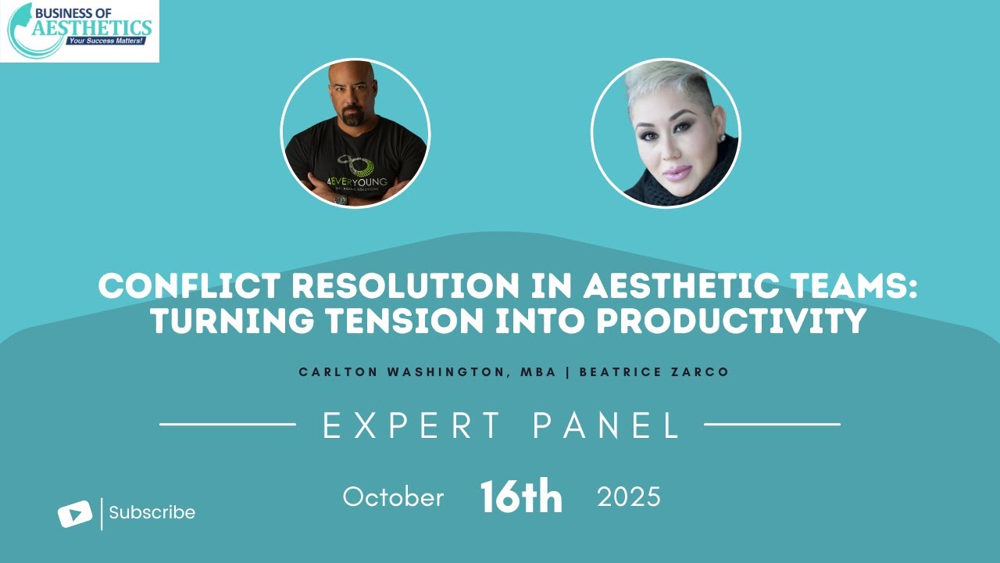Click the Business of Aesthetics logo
80,31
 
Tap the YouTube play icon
75,514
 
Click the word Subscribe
152,513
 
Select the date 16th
521,497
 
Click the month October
393,497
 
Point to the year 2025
629,497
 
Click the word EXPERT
412,426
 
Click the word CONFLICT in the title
180,286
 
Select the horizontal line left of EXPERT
227,425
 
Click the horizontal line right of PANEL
772,425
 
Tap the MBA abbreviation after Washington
541,372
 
